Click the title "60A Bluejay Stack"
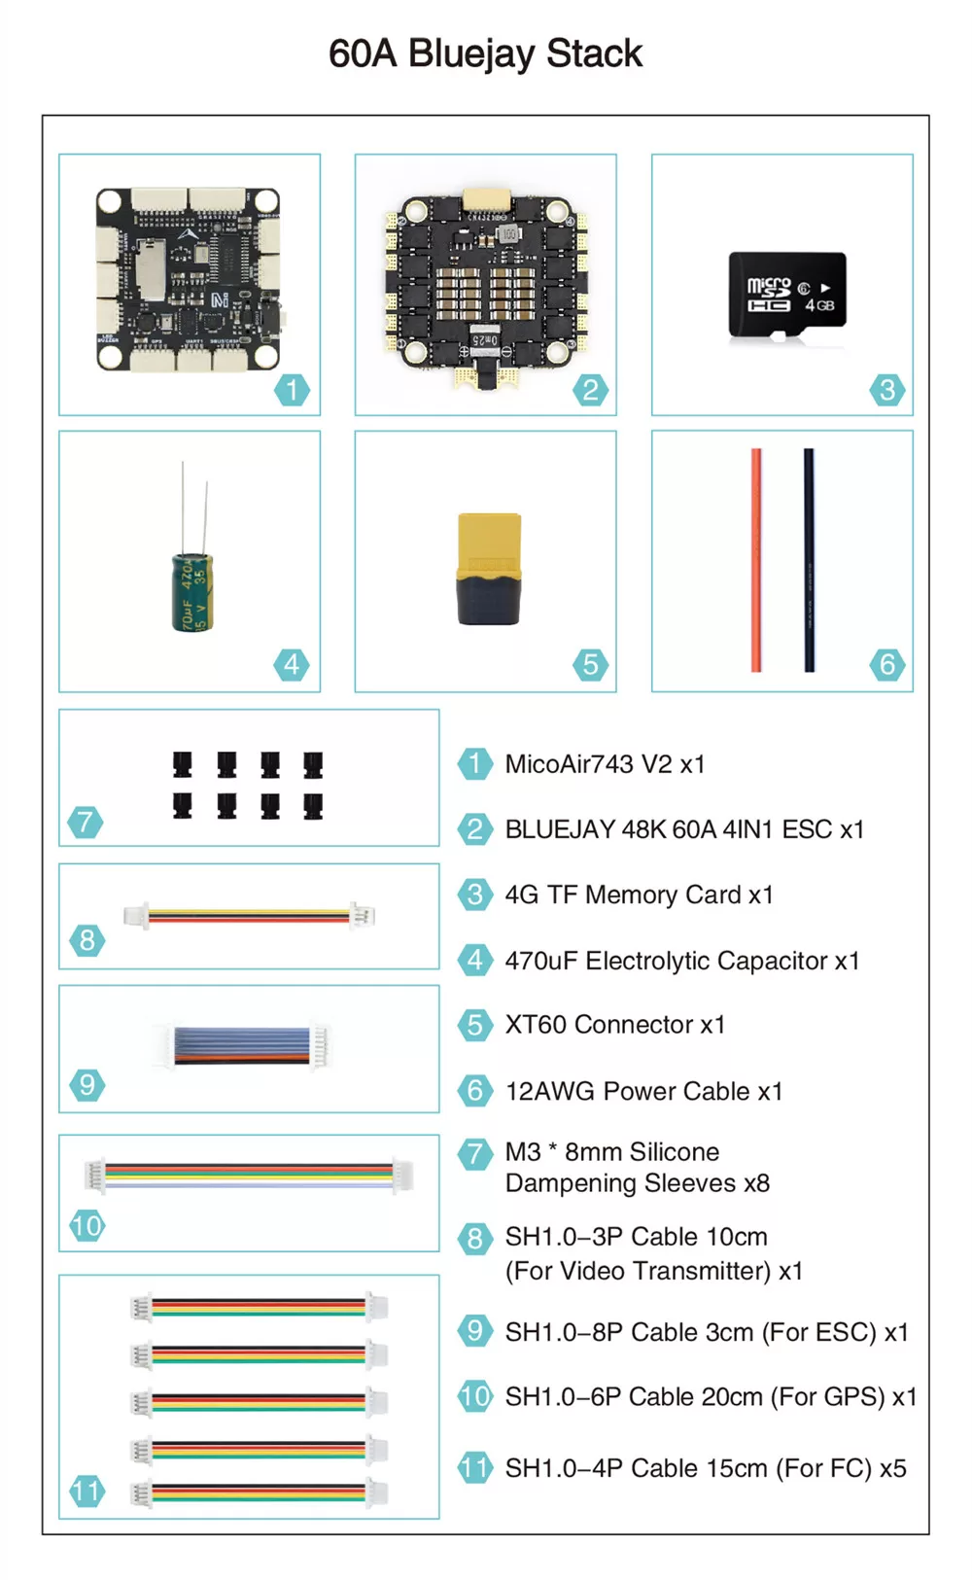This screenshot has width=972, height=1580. tap(485, 54)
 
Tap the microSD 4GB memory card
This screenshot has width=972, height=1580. tap(787, 295)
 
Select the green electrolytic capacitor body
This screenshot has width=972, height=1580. tap(191, 592)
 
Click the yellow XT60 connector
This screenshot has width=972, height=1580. tap(490, 569)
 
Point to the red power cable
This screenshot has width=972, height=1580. tap(756, 560)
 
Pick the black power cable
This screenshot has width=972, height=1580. tap(809, 560)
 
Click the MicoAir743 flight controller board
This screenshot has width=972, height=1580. tap(189, 279)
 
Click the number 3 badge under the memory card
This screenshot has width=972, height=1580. tap(887, 390)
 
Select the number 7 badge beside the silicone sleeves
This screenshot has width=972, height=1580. tap(86, 822)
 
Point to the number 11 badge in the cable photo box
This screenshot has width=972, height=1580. tap(87, 1492)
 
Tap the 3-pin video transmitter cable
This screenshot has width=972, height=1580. tap(249, 916)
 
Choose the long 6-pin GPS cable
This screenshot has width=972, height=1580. tap(249, 1176)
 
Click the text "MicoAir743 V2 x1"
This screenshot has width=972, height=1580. tap(606, 764)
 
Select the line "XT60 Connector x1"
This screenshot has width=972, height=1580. tap(615, 1024)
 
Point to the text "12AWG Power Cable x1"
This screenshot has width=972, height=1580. tap(644, 1091)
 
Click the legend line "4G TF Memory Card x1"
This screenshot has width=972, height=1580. tap(639, 895)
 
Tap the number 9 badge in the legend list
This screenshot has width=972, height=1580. tap(474, 1330)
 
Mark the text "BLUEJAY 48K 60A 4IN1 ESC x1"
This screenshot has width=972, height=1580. tap(684, 829)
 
